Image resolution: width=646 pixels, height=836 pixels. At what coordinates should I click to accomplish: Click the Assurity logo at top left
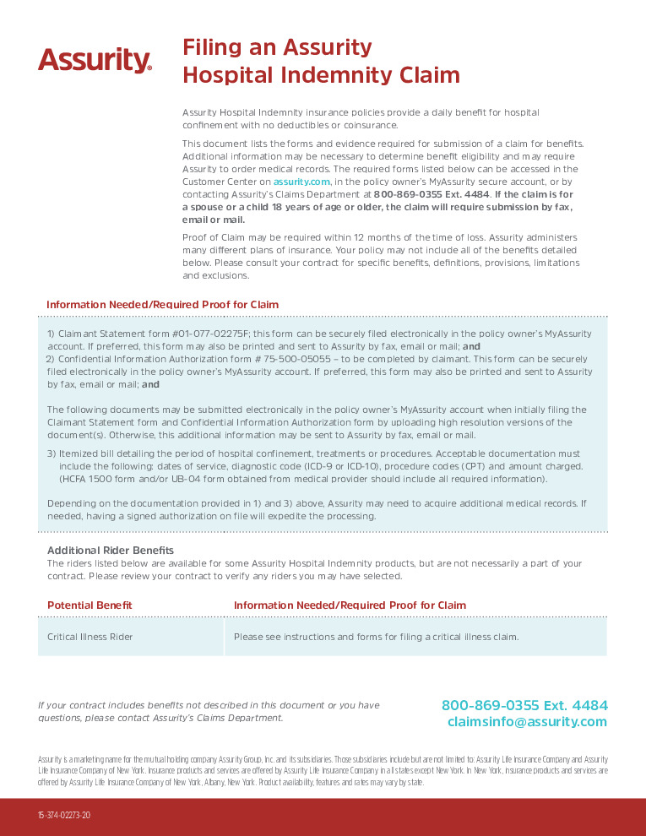(x=95, y=60)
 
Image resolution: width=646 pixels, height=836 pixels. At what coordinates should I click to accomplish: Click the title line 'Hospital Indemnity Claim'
(x=321, y=75)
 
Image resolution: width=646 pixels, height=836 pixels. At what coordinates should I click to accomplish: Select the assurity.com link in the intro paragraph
(x=301, y=182)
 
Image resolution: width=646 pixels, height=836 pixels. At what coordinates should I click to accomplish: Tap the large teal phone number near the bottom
(x=524, y=705)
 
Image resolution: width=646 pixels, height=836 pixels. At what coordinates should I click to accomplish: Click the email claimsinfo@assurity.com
(x=527, y=722)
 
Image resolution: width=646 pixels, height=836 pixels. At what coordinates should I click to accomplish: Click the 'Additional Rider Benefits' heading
(x=110, y=551)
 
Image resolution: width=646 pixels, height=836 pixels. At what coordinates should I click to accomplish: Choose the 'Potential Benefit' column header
(x=90, y=605)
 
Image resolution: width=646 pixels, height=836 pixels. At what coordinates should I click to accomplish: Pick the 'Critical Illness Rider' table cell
(x=90, y=637)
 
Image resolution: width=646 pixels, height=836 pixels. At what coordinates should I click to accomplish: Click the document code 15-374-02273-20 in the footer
(x=63, y=816)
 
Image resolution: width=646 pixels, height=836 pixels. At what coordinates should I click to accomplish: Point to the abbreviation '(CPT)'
(x=502, y=466)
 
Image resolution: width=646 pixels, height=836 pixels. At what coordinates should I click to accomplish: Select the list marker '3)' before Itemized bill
(x=52, y=453)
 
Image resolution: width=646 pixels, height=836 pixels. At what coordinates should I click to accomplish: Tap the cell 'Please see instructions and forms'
(x=376, y=637)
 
